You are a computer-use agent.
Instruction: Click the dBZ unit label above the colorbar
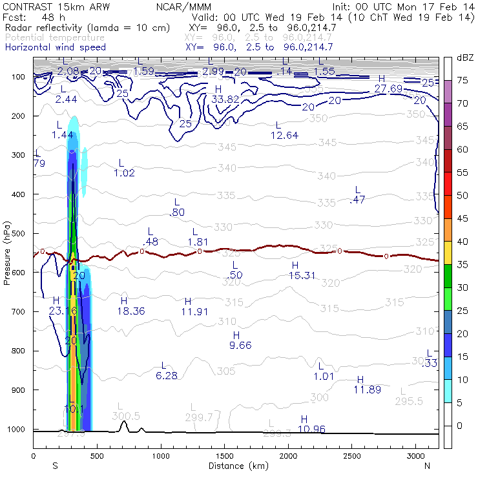coord(465,57)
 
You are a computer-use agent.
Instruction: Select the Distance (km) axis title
coord(235,466)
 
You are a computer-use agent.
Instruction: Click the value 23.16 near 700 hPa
coord(63,311)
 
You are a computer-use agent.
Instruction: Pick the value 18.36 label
coord(132,311)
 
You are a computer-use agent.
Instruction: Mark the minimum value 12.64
coord(284,135)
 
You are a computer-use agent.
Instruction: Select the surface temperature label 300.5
coord(125,415)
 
